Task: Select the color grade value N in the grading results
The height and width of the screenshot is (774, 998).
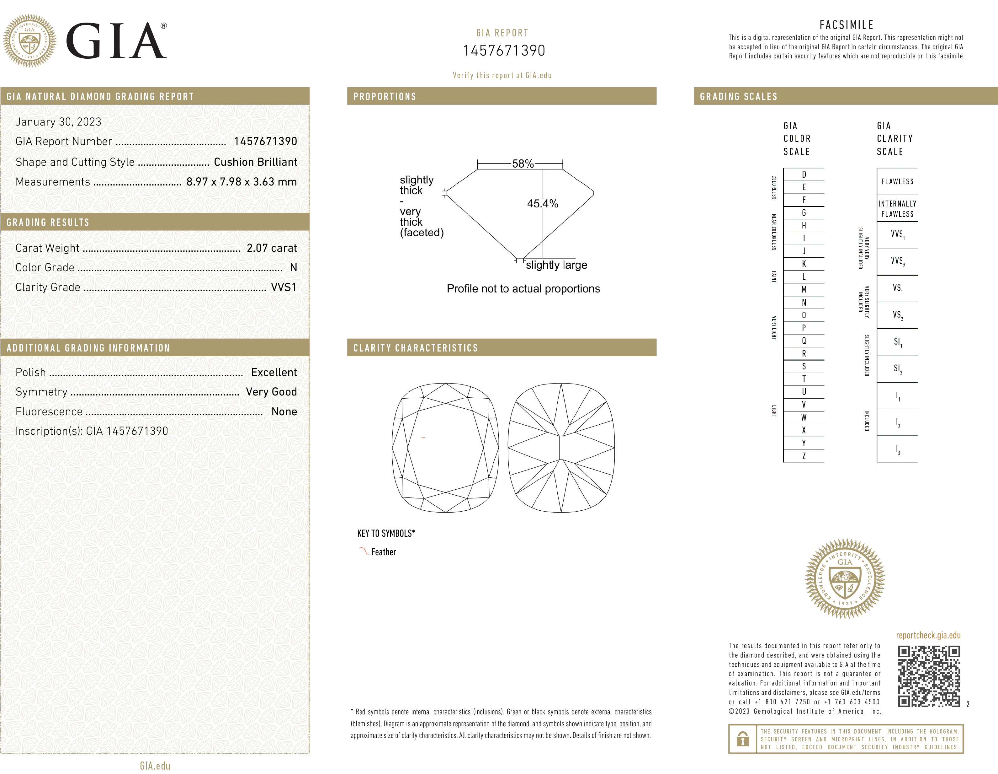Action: tap(293, 267)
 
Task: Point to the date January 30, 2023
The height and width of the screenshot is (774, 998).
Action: tap(58, 121)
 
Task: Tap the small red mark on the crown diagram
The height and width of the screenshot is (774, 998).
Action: tap(423, 438)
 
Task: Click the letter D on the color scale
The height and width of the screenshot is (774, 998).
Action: tap(804, 174)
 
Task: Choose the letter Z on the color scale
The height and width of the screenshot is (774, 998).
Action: tap(804, 456)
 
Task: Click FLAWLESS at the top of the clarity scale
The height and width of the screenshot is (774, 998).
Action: tap(897, 181)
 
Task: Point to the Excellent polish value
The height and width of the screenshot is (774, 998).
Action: tap(274, 372)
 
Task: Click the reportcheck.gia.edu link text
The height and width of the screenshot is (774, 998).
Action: tap(928, 635)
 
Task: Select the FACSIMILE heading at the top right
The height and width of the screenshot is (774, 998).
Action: tap(846, 25)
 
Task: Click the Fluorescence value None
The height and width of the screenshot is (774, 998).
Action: tap(284, 411)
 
